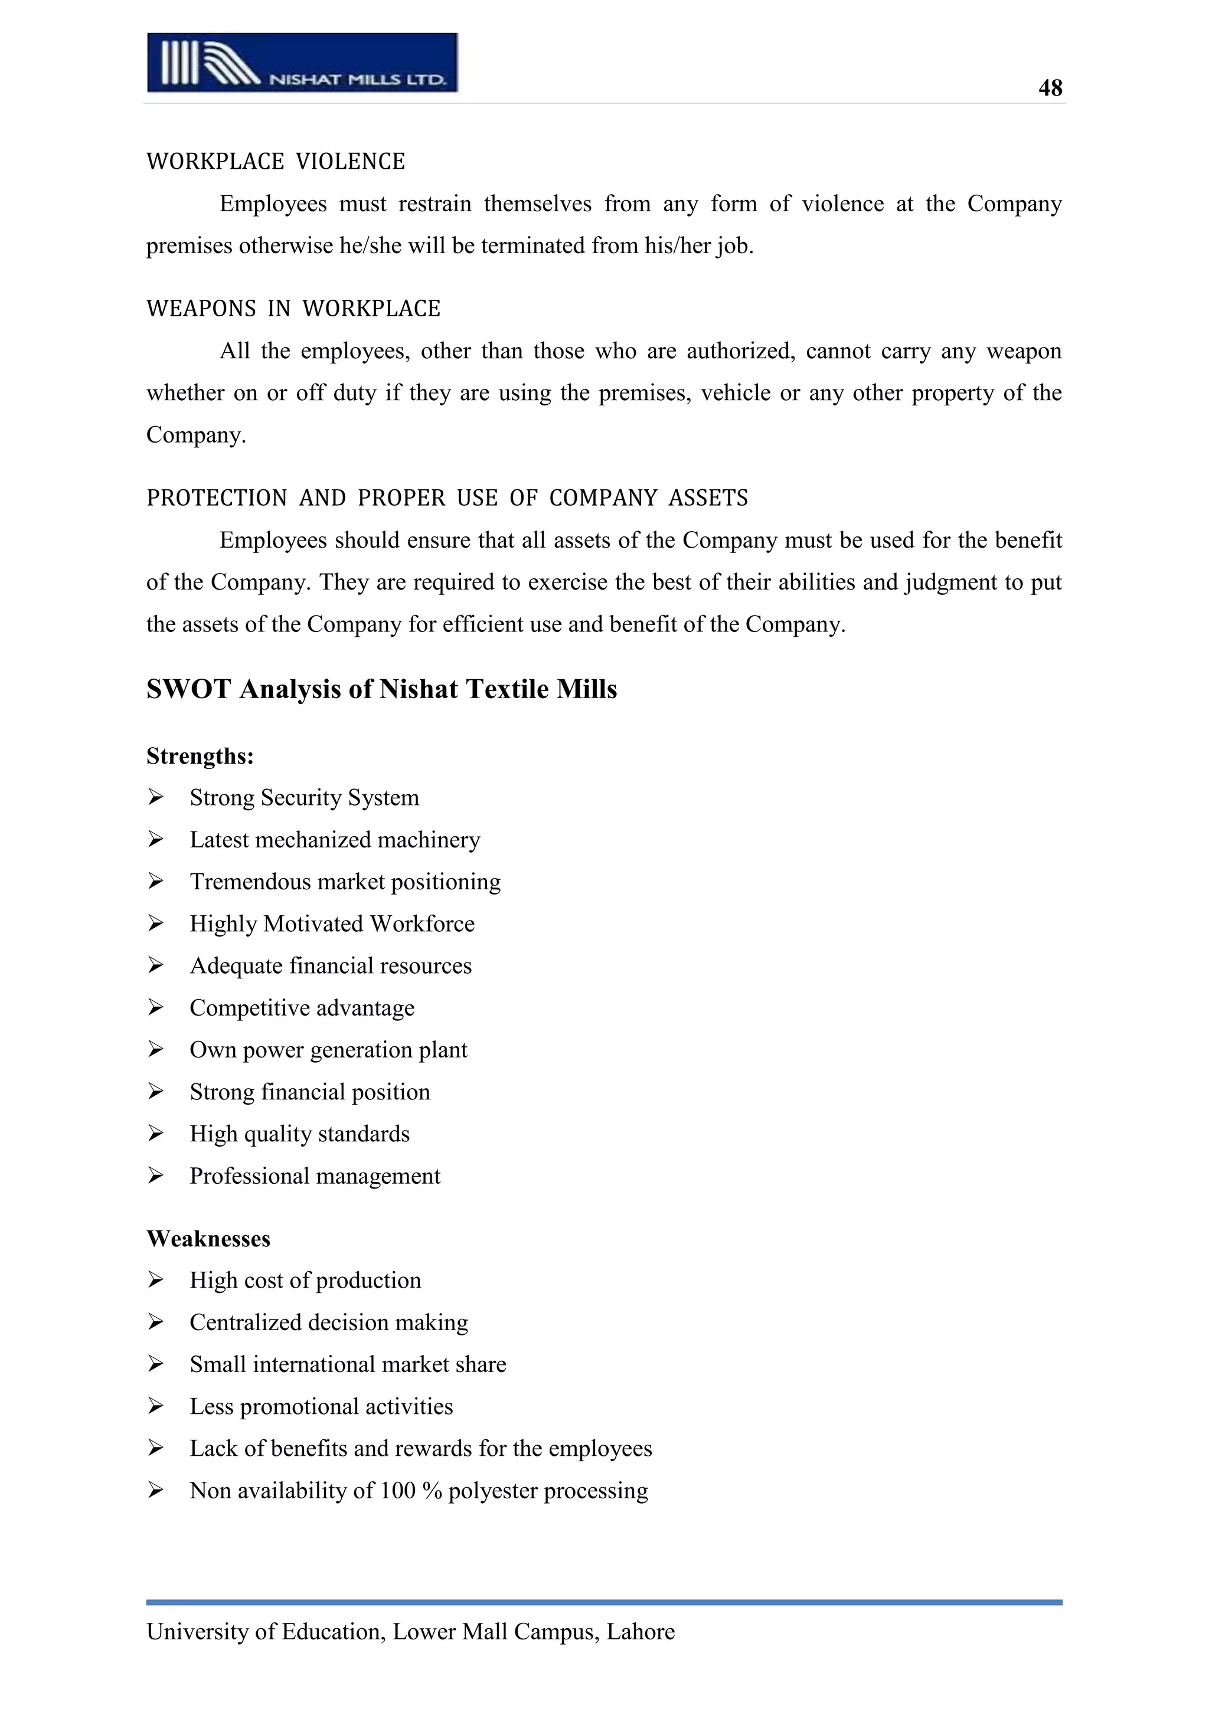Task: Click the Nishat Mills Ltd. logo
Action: (302, 63)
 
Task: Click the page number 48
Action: (1050, 88)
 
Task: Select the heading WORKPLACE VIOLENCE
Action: (276, 162)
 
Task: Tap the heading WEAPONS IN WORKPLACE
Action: (293, 309)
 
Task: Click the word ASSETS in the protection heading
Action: (708, 498)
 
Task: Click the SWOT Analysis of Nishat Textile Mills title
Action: (381, 689)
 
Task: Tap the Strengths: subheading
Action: (200, 757)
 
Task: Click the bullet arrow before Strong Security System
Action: (155, 798)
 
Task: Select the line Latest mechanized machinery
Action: (334, 840)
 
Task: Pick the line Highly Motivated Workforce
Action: (331, 924)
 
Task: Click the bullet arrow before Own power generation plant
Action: (155, 1049)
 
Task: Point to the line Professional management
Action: (314, 1176)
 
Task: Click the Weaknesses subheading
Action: (208, 1239)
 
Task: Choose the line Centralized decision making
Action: (328, 1322)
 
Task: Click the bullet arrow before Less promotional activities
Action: (155, 1406)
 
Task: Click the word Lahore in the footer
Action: (641, 1632)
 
